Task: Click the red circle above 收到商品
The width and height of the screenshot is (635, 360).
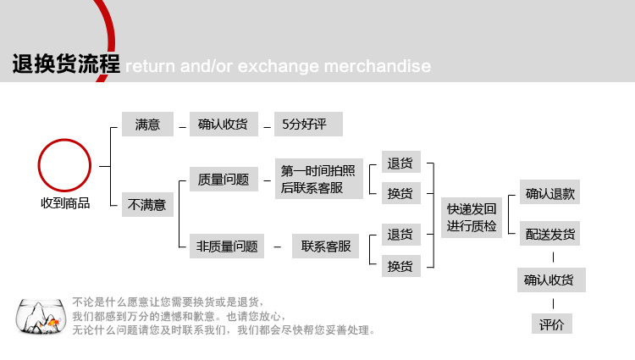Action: point(65,166)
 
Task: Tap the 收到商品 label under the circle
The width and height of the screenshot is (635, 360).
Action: point(65,203)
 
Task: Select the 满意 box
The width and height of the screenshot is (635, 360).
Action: point(147,125)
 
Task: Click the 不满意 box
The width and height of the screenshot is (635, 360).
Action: point(147,204)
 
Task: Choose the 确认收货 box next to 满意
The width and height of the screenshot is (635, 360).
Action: point(223,125)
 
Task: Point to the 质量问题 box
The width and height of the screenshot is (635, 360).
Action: point(224,179)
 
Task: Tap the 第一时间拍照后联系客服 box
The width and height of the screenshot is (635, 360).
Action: point(317,180)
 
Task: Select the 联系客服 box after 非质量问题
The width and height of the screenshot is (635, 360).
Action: point(326,246)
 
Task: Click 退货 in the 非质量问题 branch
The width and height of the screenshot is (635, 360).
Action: point(400,234)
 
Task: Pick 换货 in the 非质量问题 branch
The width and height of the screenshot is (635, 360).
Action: point(400,266)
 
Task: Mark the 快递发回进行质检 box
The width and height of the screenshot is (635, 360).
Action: point(472,218)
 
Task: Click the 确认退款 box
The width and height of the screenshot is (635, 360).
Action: point(550,193)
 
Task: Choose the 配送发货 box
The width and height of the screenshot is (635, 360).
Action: point(550,234)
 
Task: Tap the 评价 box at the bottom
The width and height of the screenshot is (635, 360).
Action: point(551,324)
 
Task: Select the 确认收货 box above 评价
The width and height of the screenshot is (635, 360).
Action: point(551,280)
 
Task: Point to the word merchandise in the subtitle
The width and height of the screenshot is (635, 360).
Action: point(373,66)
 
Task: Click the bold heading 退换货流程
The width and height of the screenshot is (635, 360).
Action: point(66,64)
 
